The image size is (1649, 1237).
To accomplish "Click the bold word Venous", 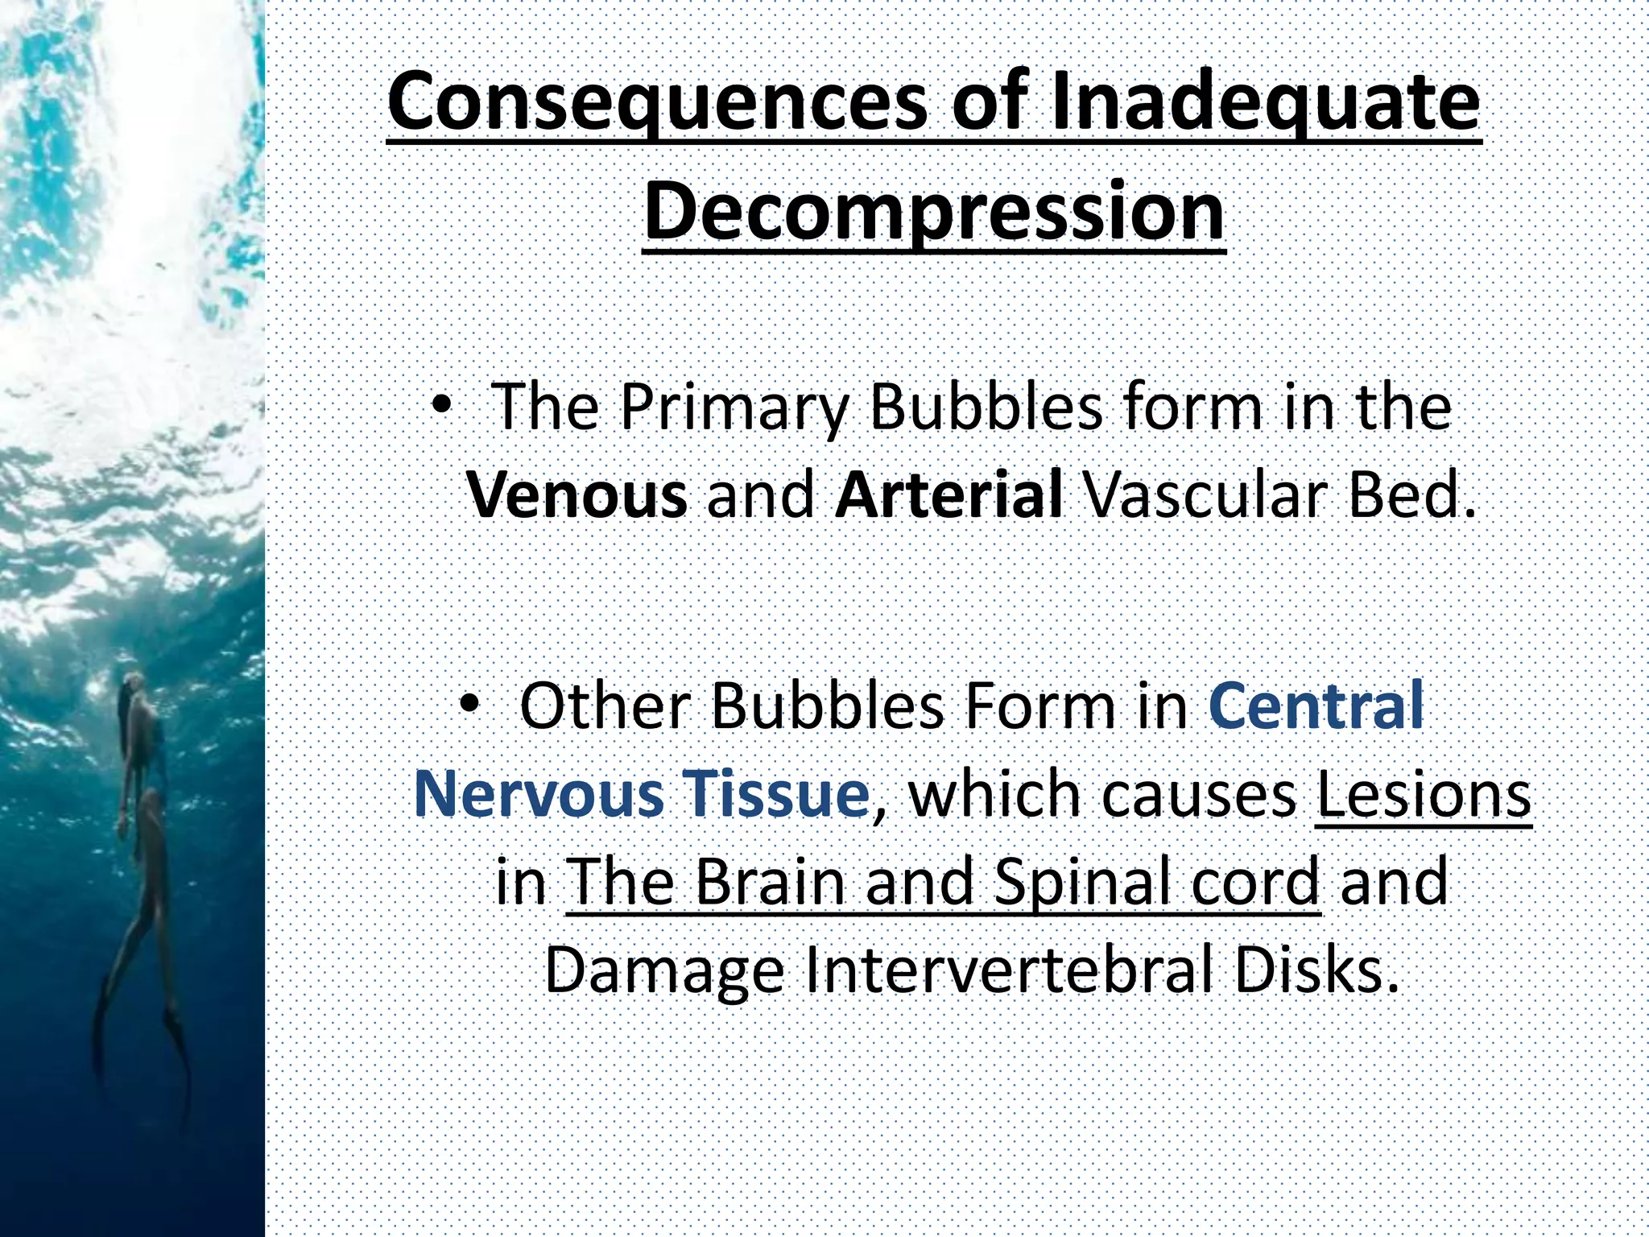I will tap(577, 494).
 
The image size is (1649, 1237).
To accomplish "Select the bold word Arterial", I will tap(949, 494).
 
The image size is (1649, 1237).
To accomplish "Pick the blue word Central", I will tap(1316, 706).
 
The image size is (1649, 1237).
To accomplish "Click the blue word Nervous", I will tap(539, 794).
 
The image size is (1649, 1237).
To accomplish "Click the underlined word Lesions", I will tap(1423, 794).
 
